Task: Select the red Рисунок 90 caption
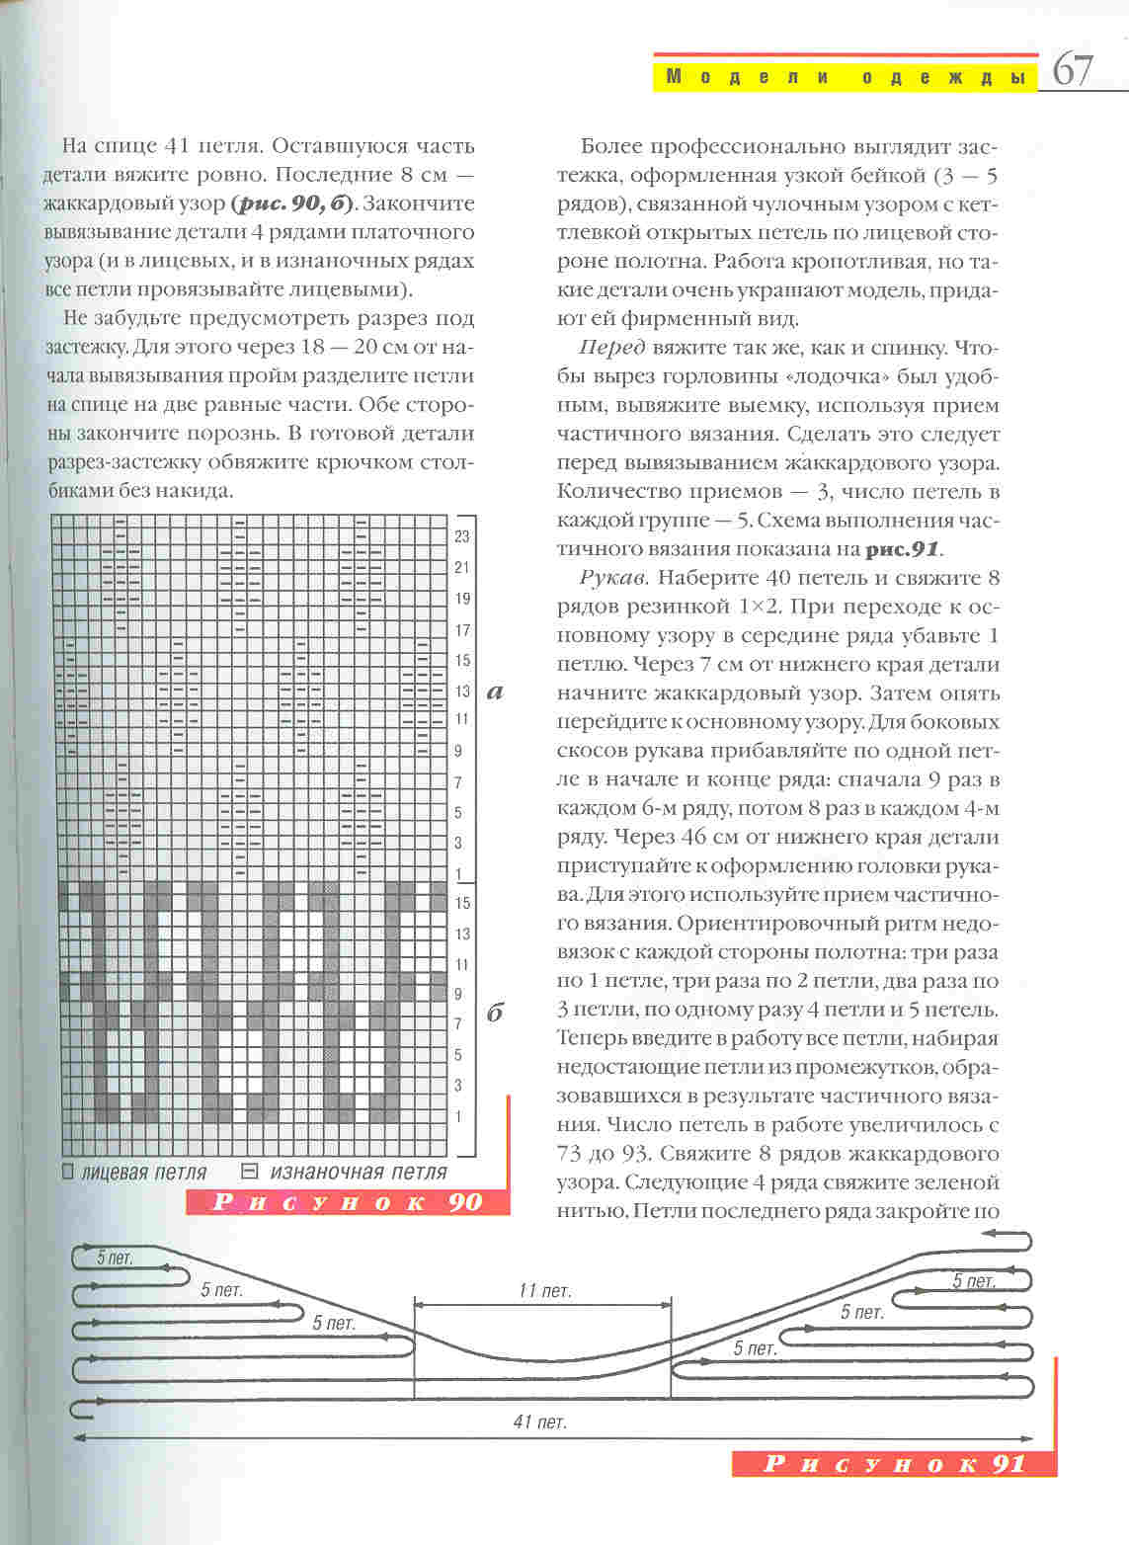[348, 1201]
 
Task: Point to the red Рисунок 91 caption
[894, 1464]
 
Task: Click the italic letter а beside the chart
[496, 691]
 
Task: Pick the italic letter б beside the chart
[496, 1013]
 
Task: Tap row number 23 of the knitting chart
[462, 536]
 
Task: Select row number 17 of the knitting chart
[462, 629]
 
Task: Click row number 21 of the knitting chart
[462, 567]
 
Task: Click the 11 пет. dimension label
[544, 1290]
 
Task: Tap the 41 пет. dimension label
[539, 1422]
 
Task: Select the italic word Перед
[612, 348]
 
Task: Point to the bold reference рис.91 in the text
[903, 549]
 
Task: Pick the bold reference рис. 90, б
[291, 204]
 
